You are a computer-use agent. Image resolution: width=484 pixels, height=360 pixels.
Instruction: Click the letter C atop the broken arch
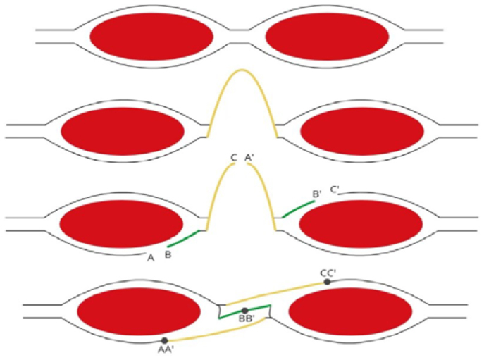pos(234,158)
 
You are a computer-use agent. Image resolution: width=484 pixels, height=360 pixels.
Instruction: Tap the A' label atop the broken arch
pos(249,158)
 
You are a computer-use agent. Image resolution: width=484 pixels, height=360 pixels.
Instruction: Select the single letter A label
pos(151,258)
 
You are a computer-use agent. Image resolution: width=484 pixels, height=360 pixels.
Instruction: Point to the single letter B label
pos(168,254)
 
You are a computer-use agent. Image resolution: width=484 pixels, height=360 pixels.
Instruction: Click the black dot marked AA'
pos(164,341)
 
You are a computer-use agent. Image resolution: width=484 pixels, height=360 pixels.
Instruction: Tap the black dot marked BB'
pos(244,311)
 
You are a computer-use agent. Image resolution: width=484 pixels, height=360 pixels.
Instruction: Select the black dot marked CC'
pos(327,282)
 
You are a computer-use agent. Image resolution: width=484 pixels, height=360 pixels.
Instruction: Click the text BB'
pos(247,320)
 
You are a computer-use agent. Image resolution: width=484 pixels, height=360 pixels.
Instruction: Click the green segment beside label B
pos(186,237)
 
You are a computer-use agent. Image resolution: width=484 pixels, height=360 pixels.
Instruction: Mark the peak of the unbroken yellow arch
pos(242,70)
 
